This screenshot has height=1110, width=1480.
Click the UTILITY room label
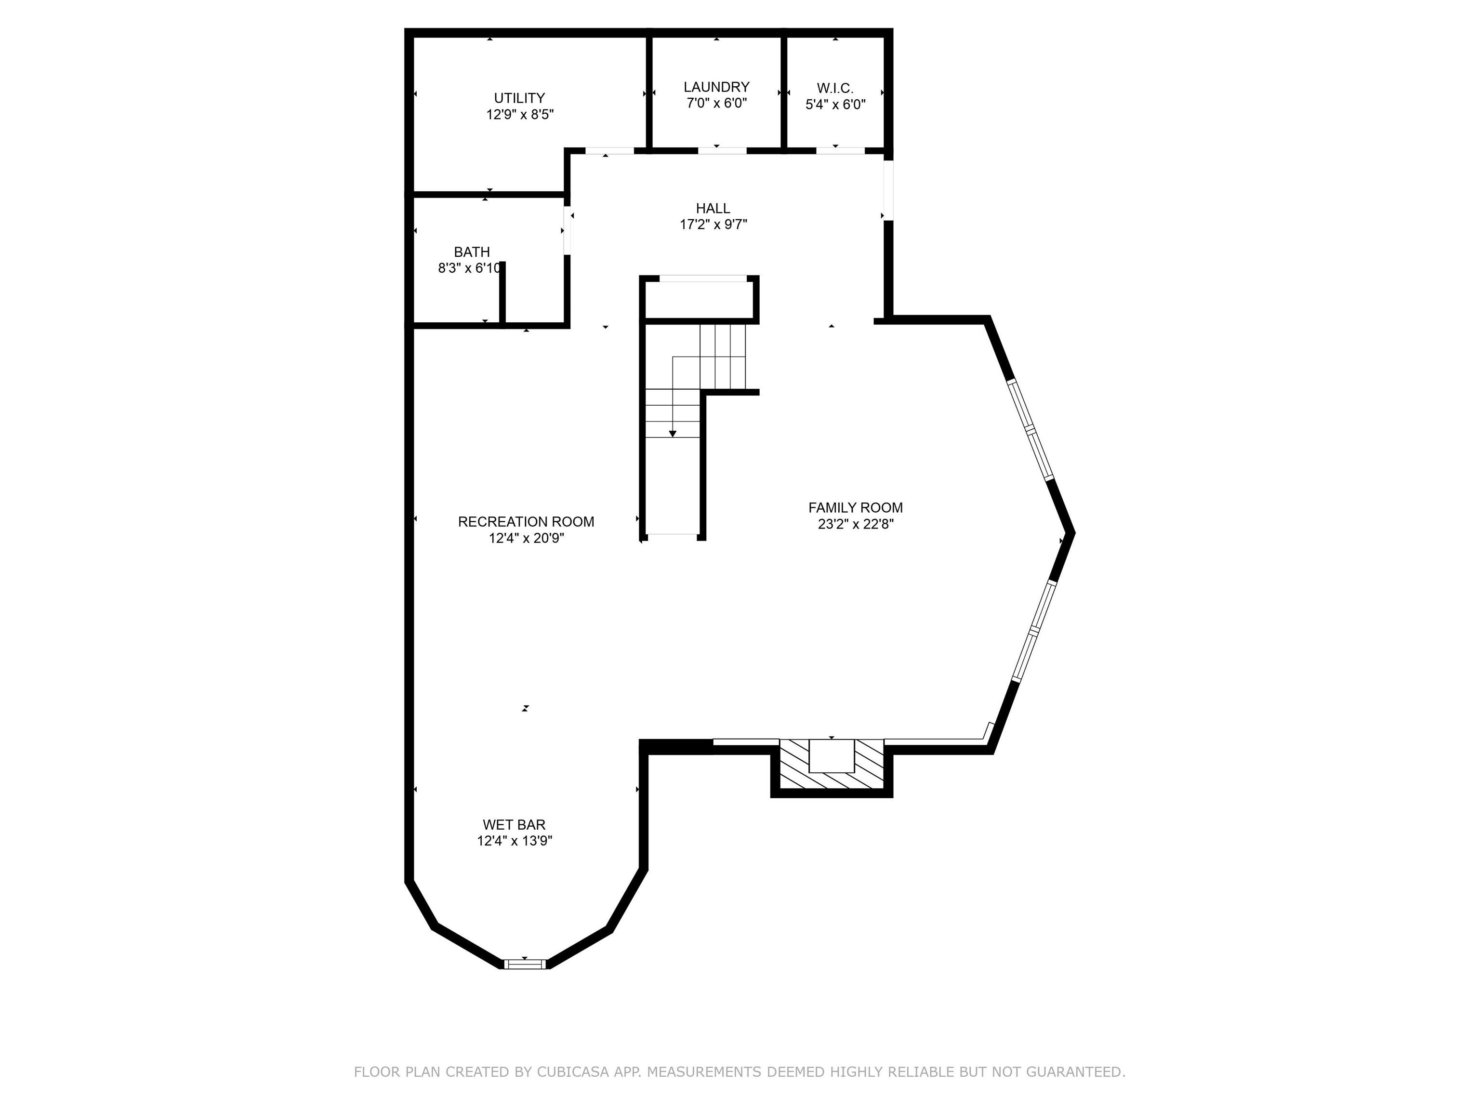[x=519, y=98]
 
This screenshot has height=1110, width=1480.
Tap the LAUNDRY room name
[x=716, y=87]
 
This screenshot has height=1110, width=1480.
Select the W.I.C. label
[x=834, y=88]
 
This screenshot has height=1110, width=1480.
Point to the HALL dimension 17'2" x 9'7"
[x=713, y=225]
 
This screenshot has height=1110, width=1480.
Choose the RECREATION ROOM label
[x=526, y=522]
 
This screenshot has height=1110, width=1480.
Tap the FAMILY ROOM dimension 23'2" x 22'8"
[x=855, y=524]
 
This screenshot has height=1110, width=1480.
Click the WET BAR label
[x=514, y=825]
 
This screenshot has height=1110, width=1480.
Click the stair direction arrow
[x=673, y=434]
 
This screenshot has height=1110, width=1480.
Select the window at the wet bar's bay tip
[x=525, y=964]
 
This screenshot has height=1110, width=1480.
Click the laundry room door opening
[x=722, y=150]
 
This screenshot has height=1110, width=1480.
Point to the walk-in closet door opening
[x=840, y=150]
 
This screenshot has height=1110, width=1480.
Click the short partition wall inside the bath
[x=502, y=293]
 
